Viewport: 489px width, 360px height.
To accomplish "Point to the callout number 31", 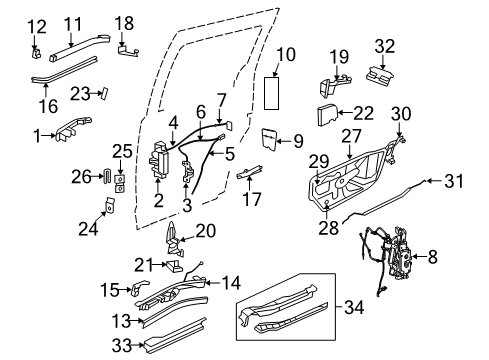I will (x=456, y=181).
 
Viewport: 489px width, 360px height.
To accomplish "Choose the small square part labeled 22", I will (x=332, y=115).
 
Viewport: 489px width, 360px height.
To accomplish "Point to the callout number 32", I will (x=386, y=44).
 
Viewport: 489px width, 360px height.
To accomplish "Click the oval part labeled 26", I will (x=106, y=177).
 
